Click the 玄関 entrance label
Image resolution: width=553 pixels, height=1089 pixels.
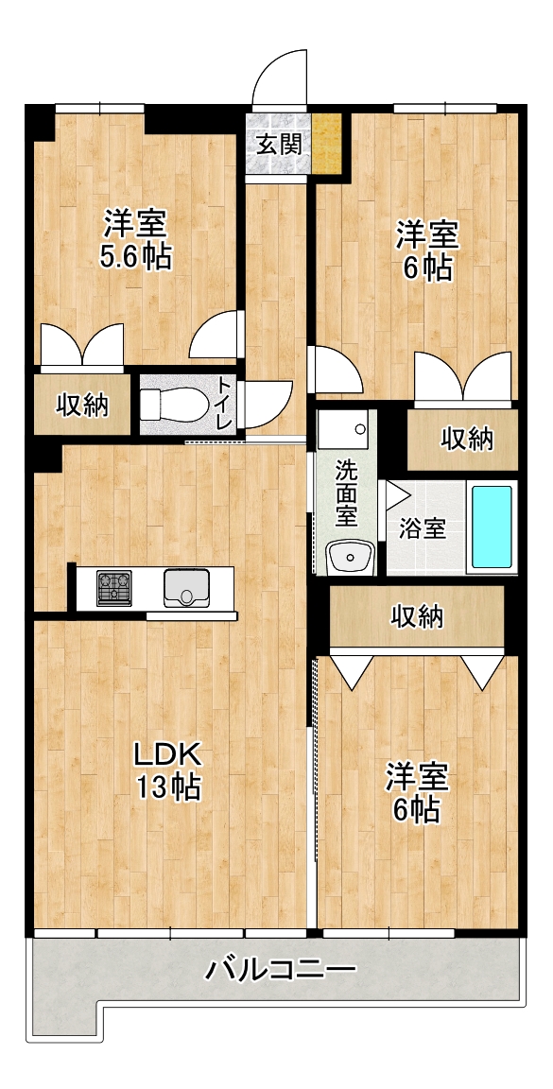279,145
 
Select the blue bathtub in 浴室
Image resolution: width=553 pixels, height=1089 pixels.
492,527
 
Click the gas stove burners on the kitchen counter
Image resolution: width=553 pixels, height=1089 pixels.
114,588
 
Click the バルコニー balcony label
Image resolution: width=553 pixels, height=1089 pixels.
280,967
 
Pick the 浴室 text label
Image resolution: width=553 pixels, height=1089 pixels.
422,528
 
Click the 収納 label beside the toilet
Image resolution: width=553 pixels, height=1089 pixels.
82,405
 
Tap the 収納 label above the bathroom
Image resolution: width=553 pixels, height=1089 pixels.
467,439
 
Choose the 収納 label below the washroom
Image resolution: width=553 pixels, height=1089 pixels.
417,615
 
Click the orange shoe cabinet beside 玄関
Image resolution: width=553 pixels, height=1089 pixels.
326,143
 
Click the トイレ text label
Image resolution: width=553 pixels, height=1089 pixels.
224,402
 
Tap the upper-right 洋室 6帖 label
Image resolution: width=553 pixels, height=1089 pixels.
426,250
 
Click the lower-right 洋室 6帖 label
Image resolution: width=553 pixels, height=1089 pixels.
418,792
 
